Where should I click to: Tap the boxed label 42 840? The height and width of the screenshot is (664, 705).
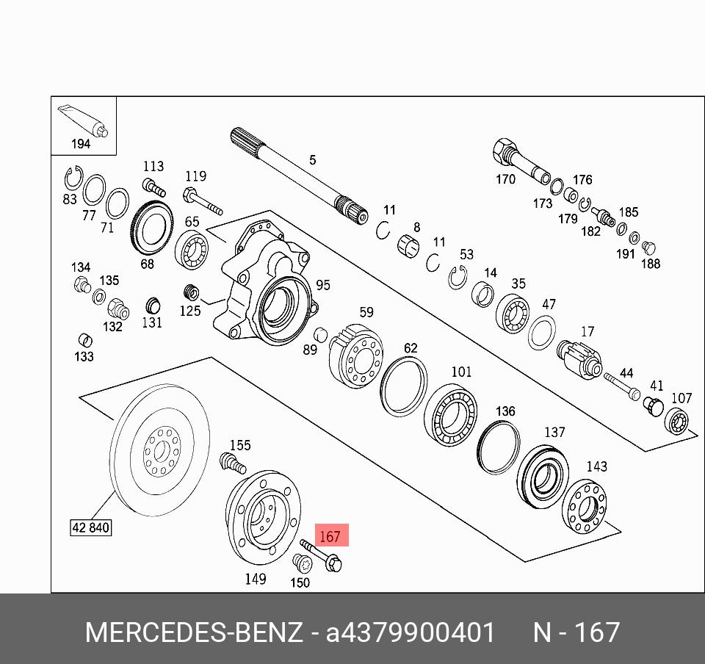pos(91,527)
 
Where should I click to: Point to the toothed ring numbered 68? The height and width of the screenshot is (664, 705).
pos(152,229)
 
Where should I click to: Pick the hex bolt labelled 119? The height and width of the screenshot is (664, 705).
pos(203,202)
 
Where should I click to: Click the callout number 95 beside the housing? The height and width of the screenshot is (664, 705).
pos(323,285)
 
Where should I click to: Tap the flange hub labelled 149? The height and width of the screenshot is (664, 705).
pos(263,517)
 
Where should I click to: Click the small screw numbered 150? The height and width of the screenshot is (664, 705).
pos(302,563)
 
